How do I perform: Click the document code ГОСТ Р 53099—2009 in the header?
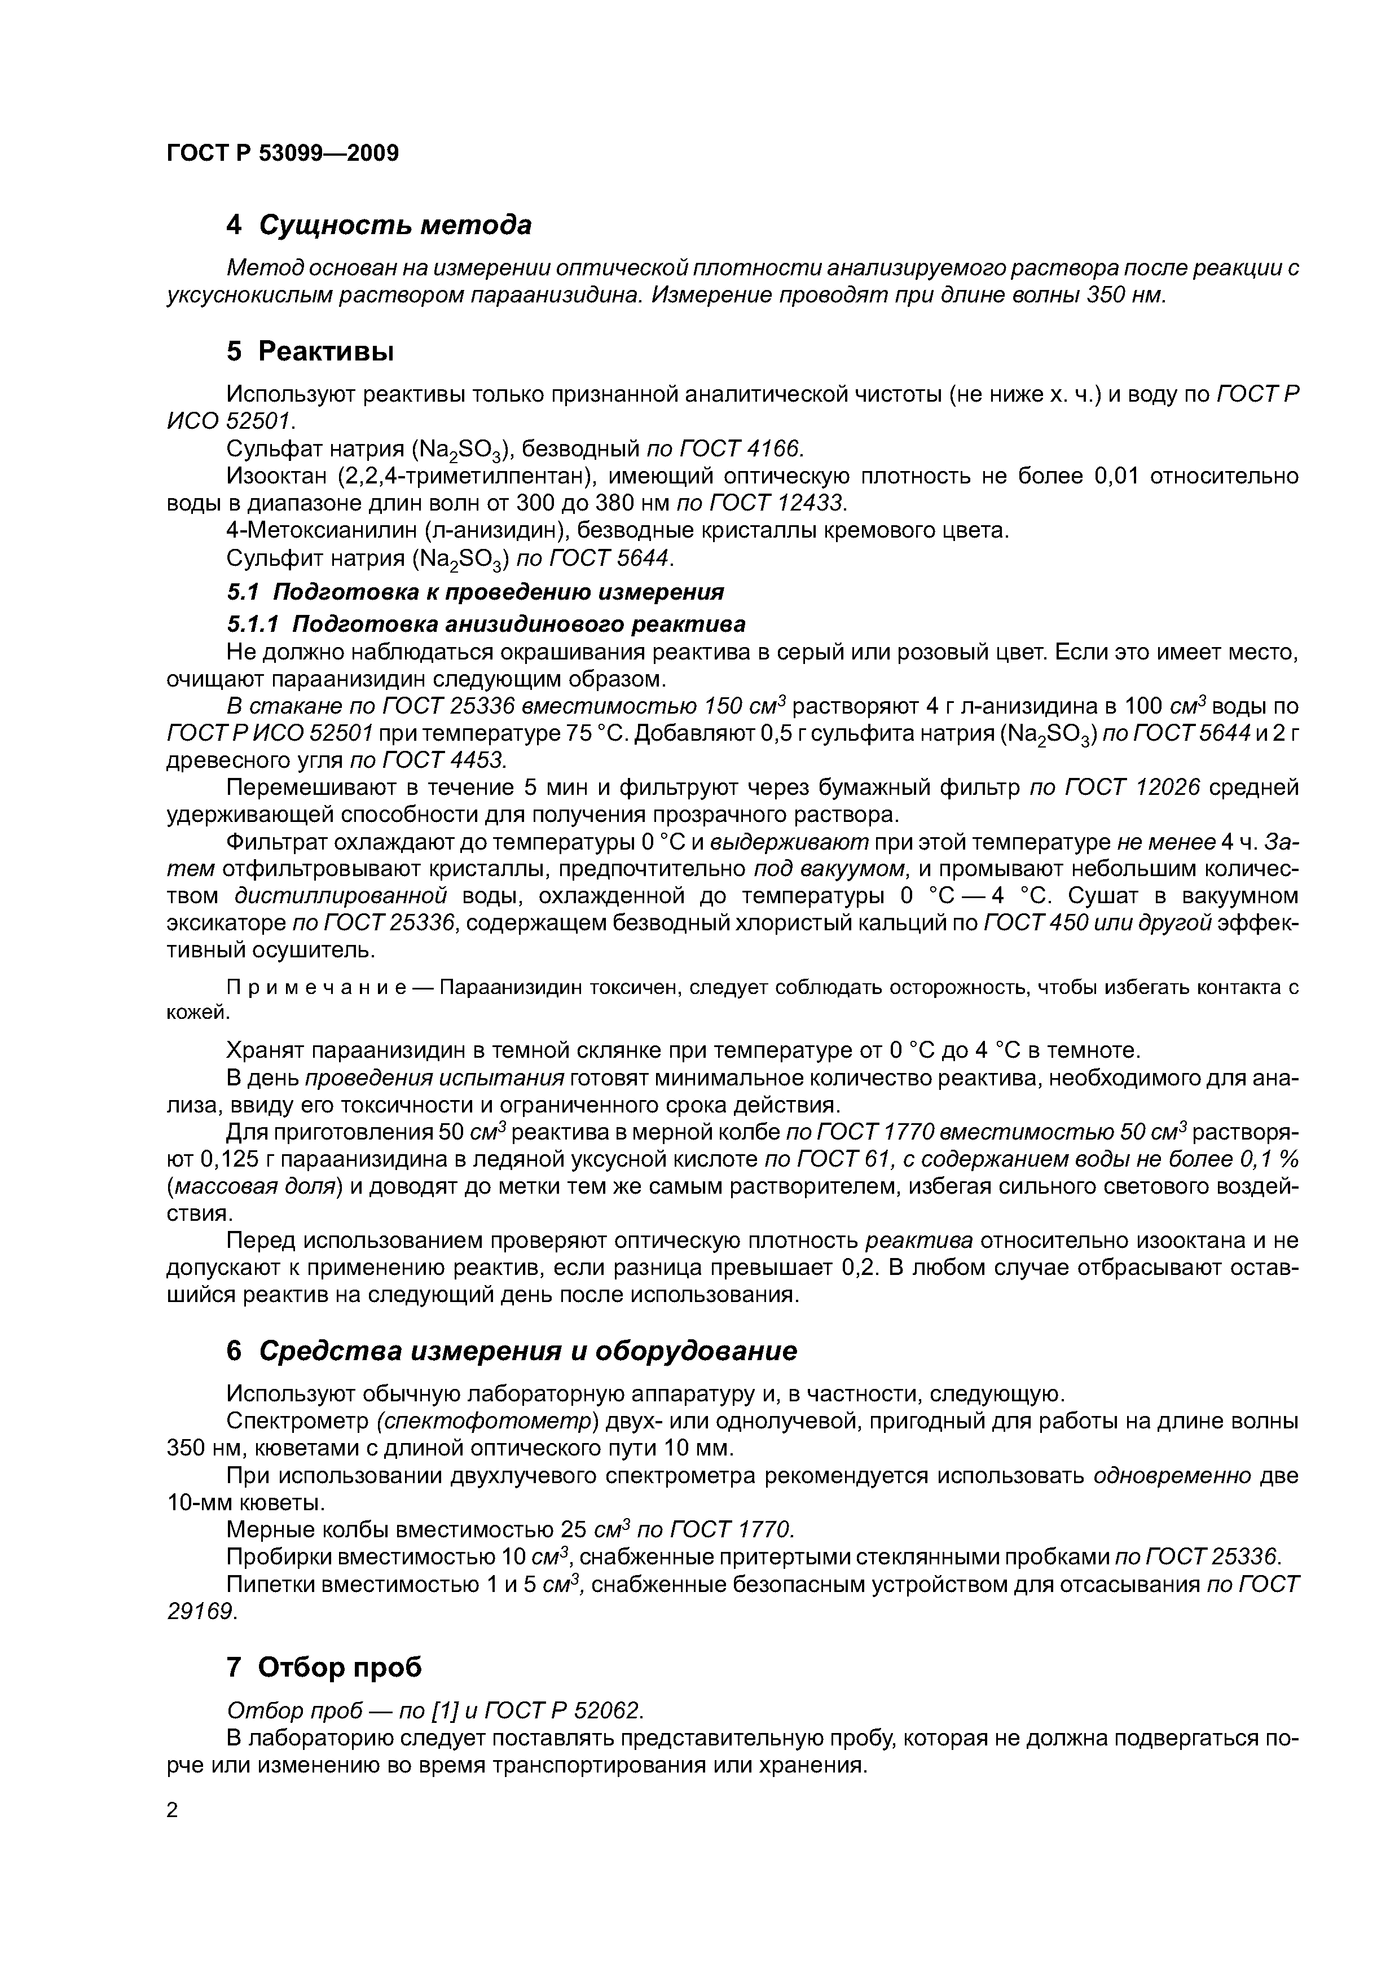click(x=282, y=153)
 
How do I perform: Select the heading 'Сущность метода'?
click(x=395, y=225)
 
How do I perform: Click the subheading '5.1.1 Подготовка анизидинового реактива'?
click(x=485, y=623)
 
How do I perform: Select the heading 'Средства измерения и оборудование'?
click(x=527, y=1351)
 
